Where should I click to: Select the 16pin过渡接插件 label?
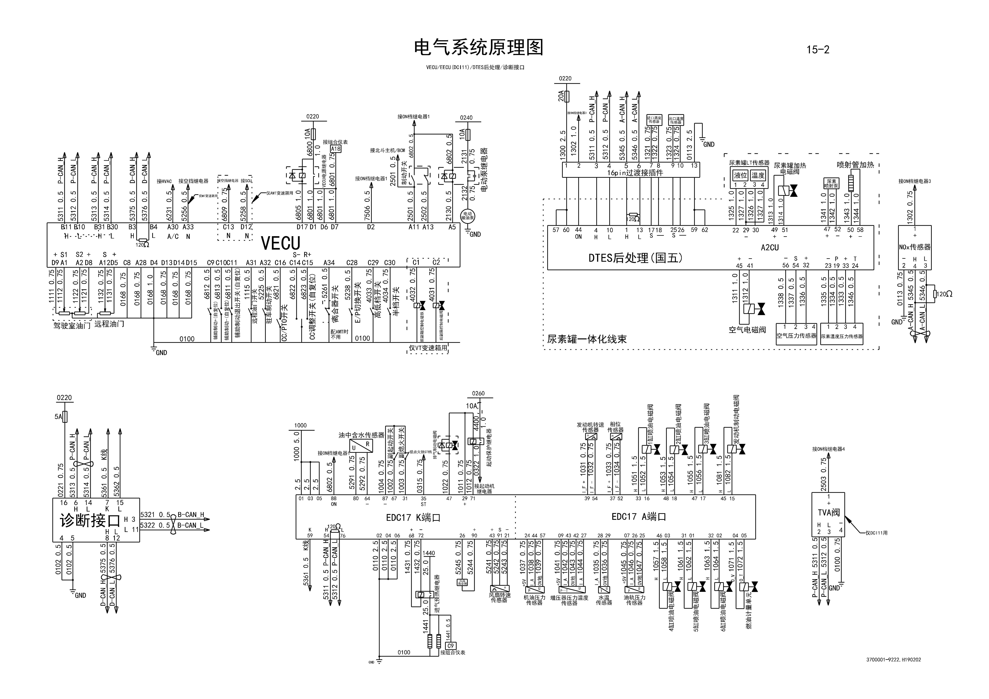(x=635, y=173)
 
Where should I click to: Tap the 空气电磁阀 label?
(x=747, y=330)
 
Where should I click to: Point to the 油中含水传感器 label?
(x=361, y=435)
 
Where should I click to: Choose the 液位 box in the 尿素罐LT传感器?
(x=741, y=175)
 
